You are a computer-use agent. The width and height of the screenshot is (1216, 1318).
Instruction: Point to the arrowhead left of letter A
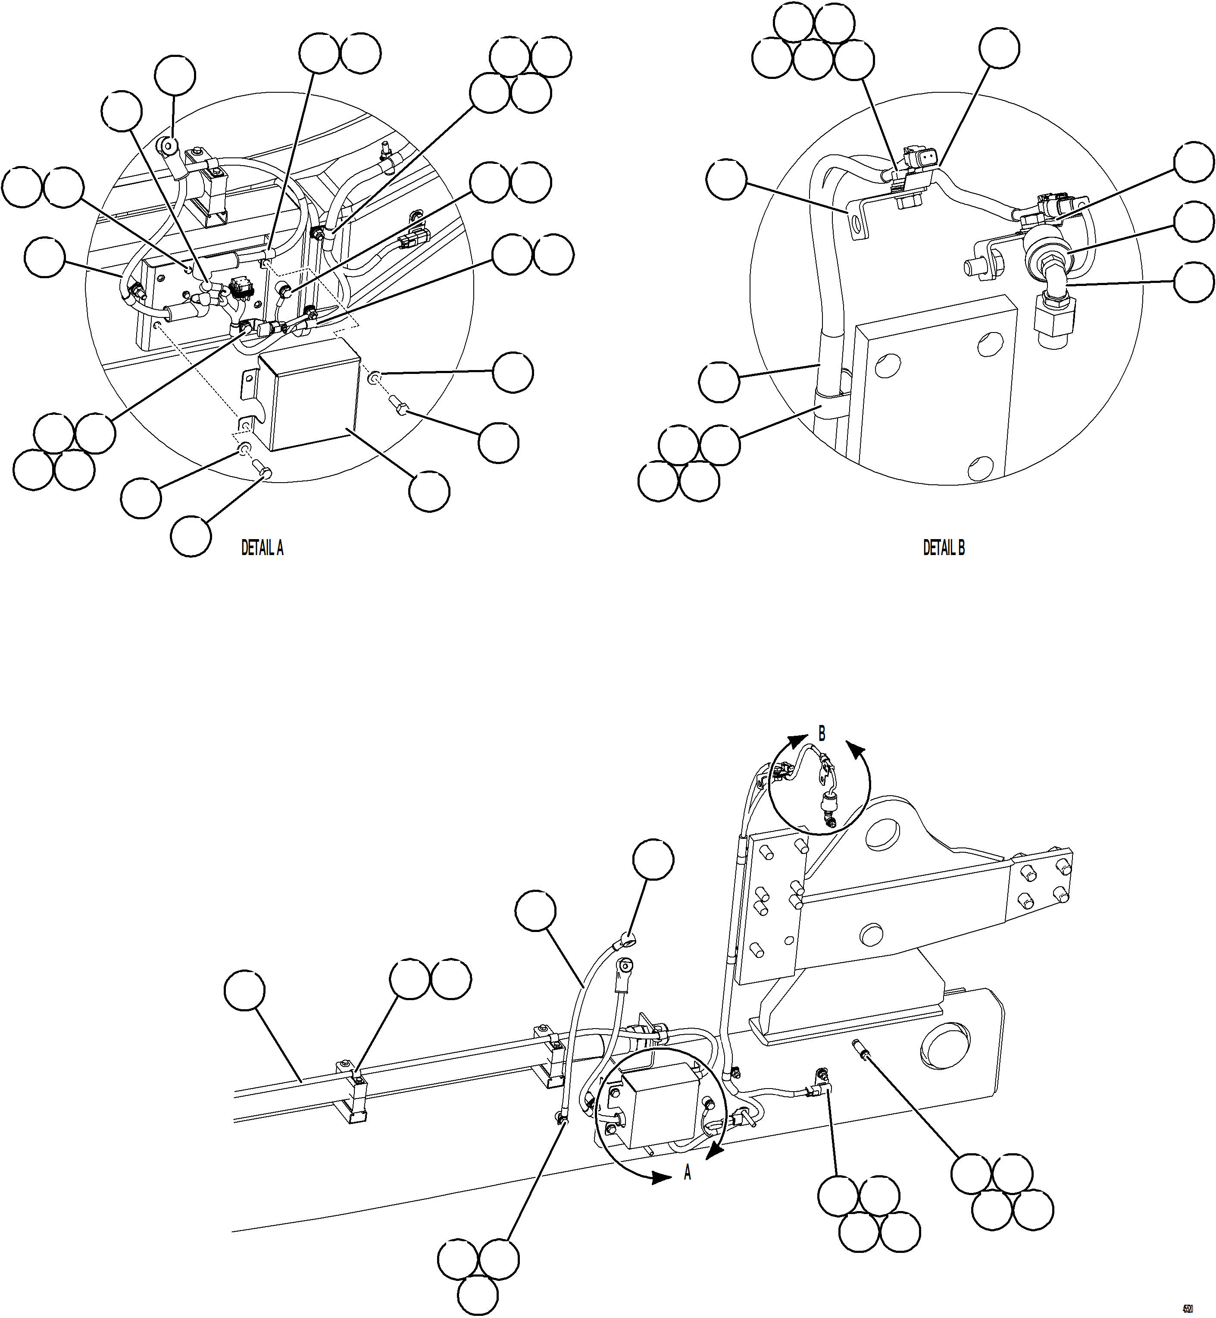tap(661, 1178)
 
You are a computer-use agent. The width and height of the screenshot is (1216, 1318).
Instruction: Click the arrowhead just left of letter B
tap(797, 740)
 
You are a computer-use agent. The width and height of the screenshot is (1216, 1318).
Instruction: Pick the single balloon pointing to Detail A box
tap(429, 490)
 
